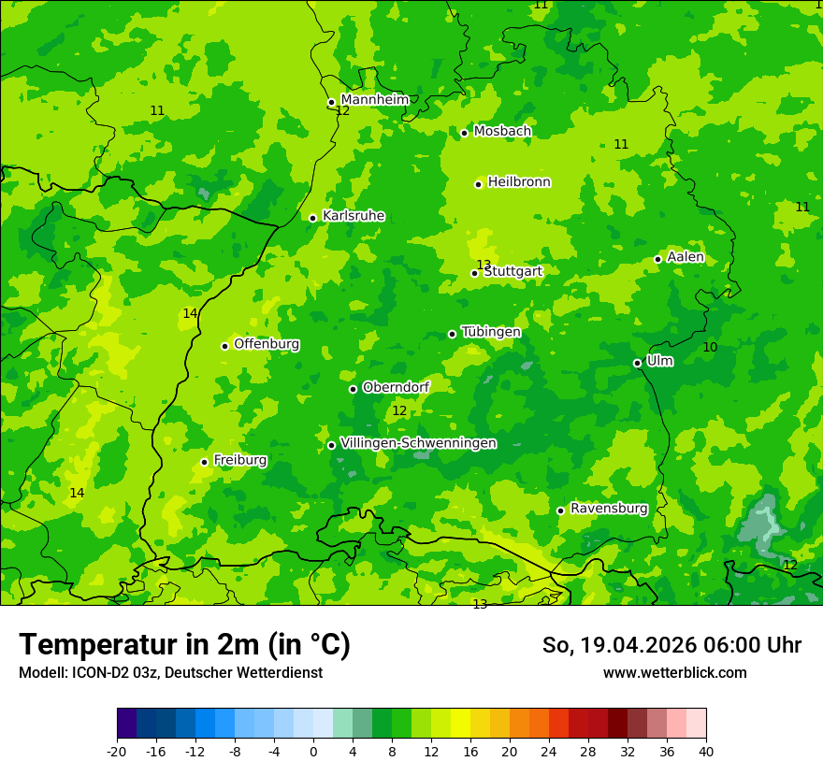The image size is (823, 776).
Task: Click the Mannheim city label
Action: tap(375, 100)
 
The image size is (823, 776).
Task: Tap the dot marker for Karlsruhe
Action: tap(312, 218)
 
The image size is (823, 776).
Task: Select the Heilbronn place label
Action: tap(519, 182)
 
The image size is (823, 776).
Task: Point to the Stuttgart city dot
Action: tap(474, 273)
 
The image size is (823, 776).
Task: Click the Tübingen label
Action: tap(491, 332)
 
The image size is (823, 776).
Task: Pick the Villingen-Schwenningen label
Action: tap(418, 443)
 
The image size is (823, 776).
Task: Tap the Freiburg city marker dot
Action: tap(204, 462)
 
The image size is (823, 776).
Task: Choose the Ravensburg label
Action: tap(609, 509)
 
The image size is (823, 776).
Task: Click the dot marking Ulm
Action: tap(637, 363)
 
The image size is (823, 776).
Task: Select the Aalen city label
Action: tap(686, 257)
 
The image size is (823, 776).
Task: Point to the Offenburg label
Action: tap(267, 344)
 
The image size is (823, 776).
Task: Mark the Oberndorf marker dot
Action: tap(353, 389)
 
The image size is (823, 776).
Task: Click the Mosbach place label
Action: tap(502, 132)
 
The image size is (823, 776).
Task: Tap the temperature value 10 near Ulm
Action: tap(710, 348)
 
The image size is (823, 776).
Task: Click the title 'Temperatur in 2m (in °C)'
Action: tap(184, 644)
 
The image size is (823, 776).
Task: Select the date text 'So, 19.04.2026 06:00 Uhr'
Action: tap(671, 645)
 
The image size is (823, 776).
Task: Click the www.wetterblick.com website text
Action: tap(674, 673)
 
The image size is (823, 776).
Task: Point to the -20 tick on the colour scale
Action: tap(117, 751)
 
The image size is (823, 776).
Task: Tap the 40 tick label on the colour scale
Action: tap(706, 751)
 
